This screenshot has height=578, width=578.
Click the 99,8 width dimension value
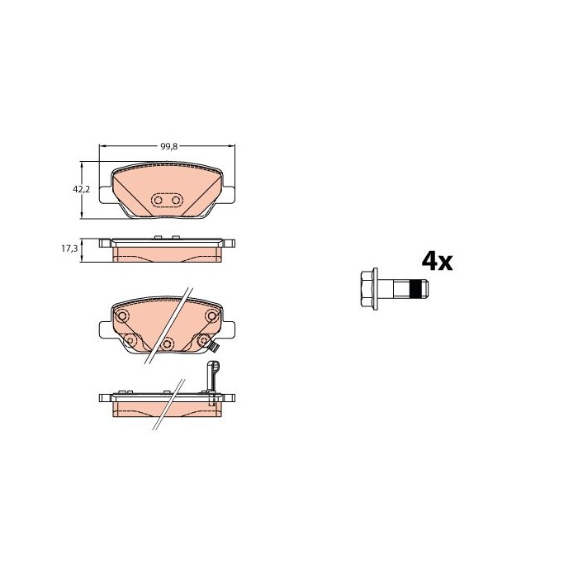coord(168,146)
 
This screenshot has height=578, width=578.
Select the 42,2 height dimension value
coord(82,189)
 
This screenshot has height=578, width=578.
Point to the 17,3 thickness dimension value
coord(69,249)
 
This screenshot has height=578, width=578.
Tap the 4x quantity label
coord(437,262)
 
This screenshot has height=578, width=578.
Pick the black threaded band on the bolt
coord(416,289)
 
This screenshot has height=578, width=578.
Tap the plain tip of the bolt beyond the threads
coord(424,289)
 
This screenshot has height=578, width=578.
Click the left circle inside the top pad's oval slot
coord(159,201)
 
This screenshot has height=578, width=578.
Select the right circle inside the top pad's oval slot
coord(176,201)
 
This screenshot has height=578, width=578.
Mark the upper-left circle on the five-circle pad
coord(122,316)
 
